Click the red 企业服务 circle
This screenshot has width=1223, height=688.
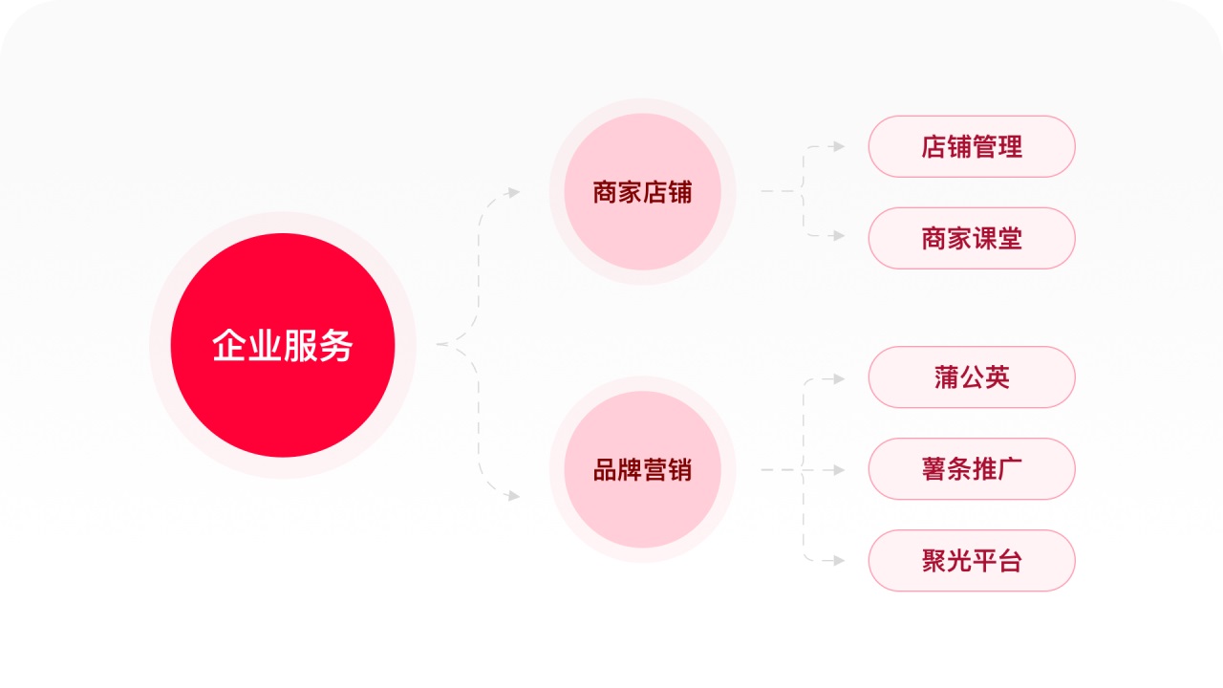pyautogui.click(x=283, y=345)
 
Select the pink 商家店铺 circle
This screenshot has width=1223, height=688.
pyautogui.click(x=642, y=192)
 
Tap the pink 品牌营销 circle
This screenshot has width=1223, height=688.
pyautogui.click(x=642, y=469)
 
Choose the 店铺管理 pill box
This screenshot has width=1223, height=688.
pyautogui.click(x=972, y=146)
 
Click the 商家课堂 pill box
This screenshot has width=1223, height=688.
pyautogui.click(x=972, y=238)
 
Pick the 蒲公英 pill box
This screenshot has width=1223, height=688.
pyautogui.click(x=972, y=376)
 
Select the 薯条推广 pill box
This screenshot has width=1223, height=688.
pyautogui.click(x=972, y=468)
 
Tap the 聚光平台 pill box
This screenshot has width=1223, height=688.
pyautogui.click(x=972, y=560)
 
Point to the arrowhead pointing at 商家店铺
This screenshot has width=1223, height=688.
pyautogui.click(x=514, y=192)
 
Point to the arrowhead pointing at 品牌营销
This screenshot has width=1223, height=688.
pyautogui.click(x=514, y=496)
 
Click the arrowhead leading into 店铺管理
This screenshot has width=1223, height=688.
pyautogui.click(x=839, y=146)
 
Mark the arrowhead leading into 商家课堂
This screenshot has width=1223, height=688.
pyautogui.click(x=839, y=235)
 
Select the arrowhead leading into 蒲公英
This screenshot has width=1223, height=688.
pyautogui.click(x=839, y=378)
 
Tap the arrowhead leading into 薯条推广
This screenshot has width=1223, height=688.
pyautogui.click(x=839, y=470)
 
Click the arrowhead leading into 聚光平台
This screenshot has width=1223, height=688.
pyautogui.click(x=839, y=561)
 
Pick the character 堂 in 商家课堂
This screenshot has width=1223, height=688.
pyautogui.click(x=1010, y=238)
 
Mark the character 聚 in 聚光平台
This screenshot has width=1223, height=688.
pyautogui.click(x=933, y=561)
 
